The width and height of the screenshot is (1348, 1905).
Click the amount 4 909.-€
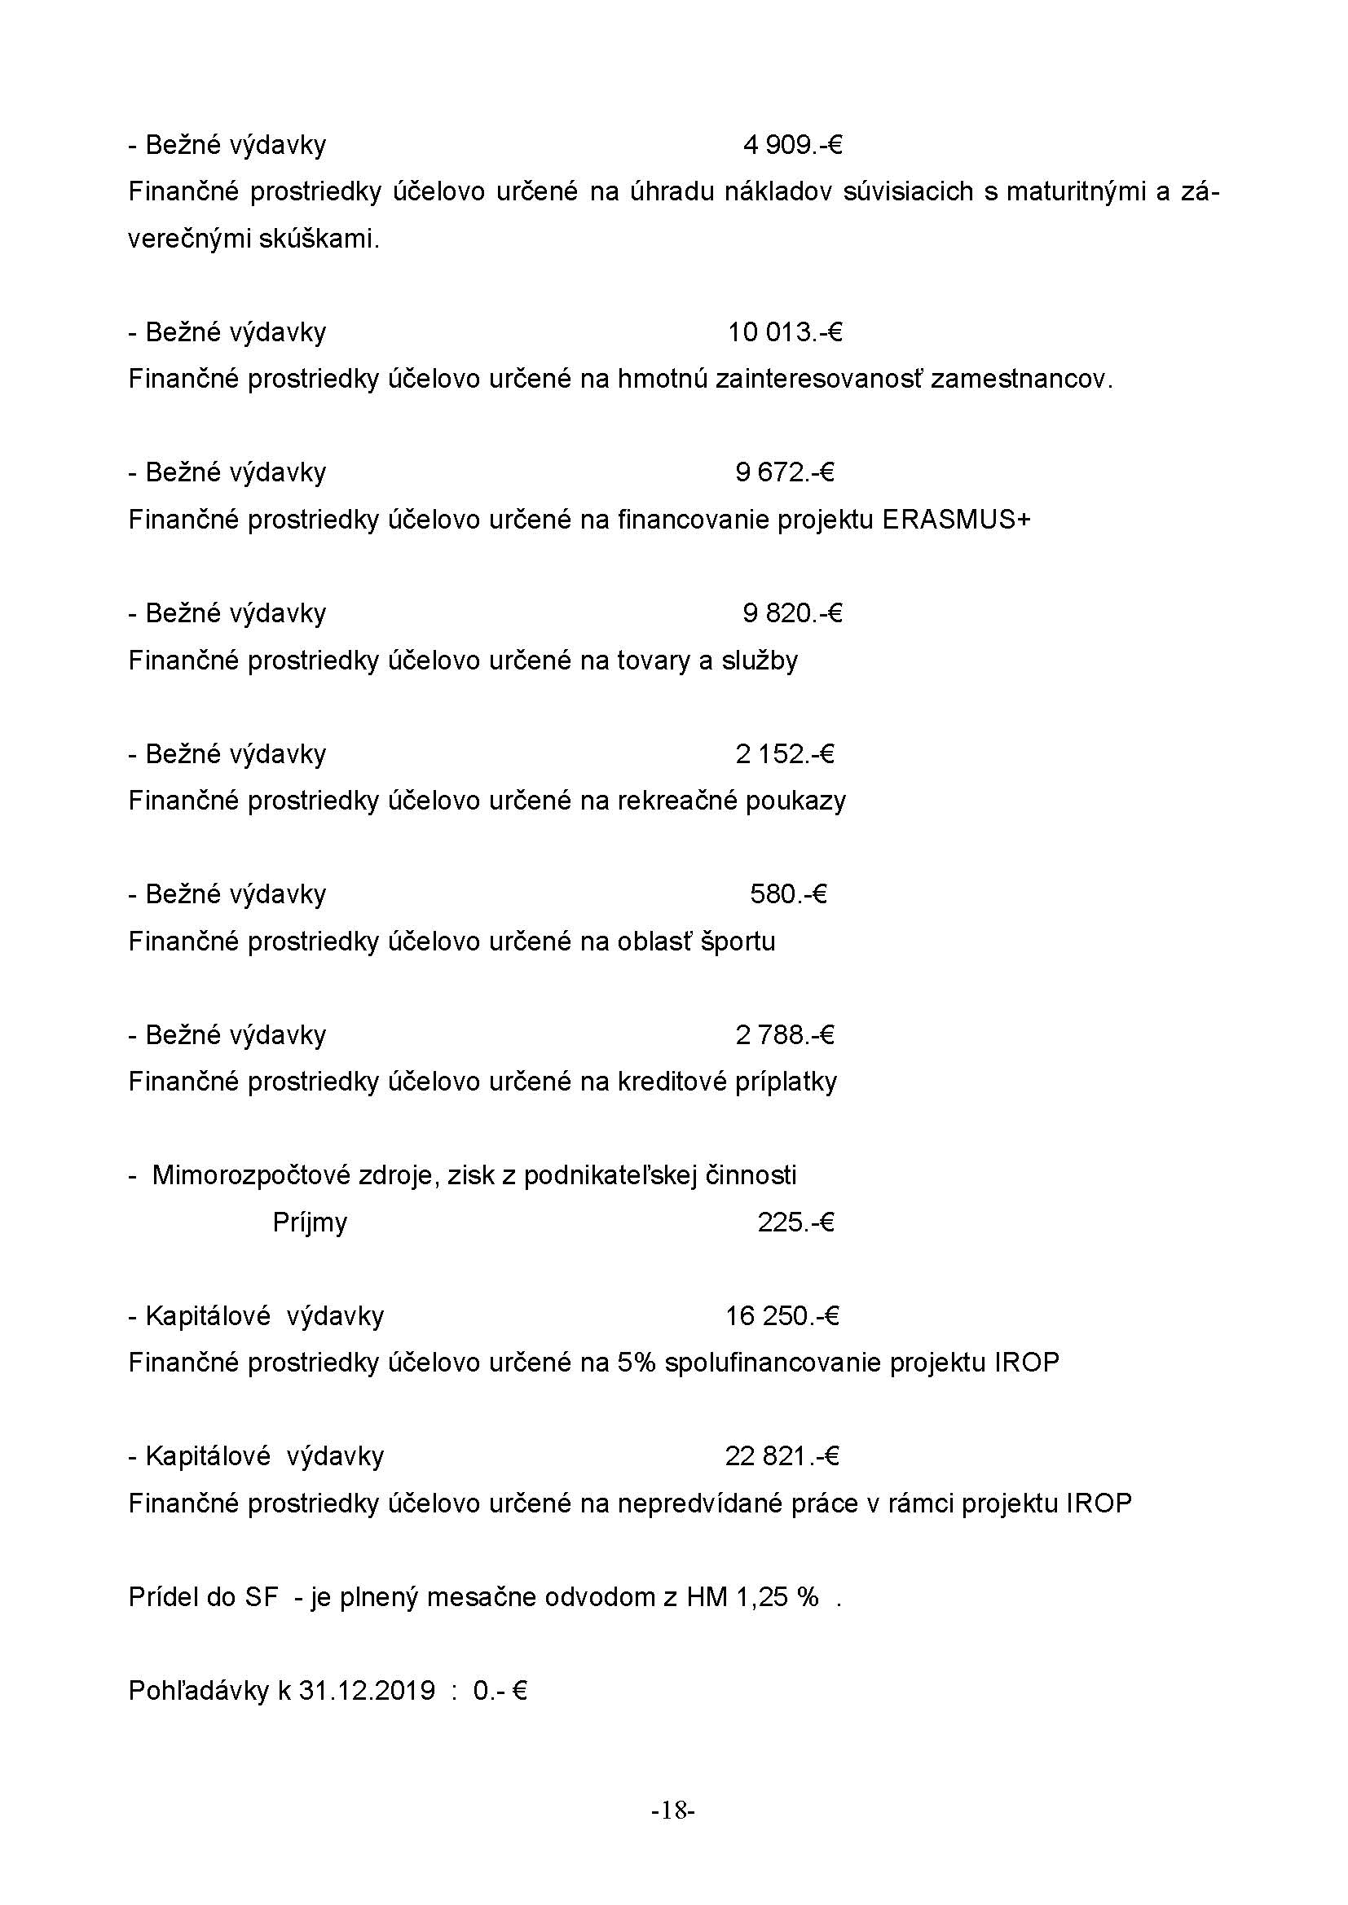[x=793, y=146]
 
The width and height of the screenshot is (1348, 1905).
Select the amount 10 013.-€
[x=785, y=333]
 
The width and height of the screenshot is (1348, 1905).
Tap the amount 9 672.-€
[x=784, y=473]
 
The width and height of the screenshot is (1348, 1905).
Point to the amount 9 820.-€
[x=793, y=614]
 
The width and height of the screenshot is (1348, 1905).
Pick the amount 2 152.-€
[x=784, y=754]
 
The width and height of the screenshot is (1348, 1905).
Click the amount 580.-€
[x=789, y=894]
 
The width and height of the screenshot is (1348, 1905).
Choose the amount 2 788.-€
[x=784, y=1035]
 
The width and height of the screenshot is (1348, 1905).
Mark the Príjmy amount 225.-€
[x=795, y=1223]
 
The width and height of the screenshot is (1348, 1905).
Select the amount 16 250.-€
[x=782, y=1317]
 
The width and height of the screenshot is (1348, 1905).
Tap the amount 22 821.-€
[x=782, y=1457]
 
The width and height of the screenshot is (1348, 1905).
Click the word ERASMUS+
[x=956, y=520]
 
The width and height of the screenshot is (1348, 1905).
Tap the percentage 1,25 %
[x=777, y=1597]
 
